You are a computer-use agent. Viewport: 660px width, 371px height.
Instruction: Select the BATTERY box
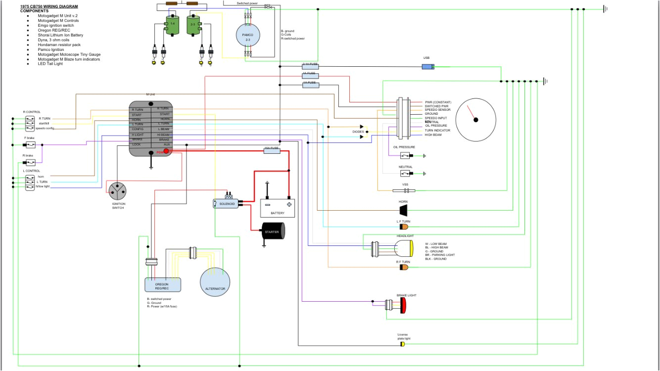[x=277, y=207]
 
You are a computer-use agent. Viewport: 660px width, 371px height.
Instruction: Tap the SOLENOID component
[x=226, y=203]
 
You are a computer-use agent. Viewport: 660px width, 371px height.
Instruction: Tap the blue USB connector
[x=427, y=66]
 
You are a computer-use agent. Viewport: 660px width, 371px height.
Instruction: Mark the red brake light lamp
[x=403, y=305]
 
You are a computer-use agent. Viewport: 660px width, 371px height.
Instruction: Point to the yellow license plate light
[x=403, y=344]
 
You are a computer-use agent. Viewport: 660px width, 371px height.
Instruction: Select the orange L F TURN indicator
[x=404, y=227]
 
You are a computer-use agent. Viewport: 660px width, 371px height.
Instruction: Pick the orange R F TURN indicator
[x=404, y=267]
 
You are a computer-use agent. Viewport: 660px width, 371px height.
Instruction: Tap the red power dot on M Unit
[x=166, y=151]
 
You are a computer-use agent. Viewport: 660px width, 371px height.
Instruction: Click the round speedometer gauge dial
[x=475, y=119]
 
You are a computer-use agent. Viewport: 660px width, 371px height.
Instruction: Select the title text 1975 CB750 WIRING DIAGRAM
[x=49, y=6]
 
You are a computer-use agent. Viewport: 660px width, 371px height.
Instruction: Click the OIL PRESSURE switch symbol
[x=407, y=155]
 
